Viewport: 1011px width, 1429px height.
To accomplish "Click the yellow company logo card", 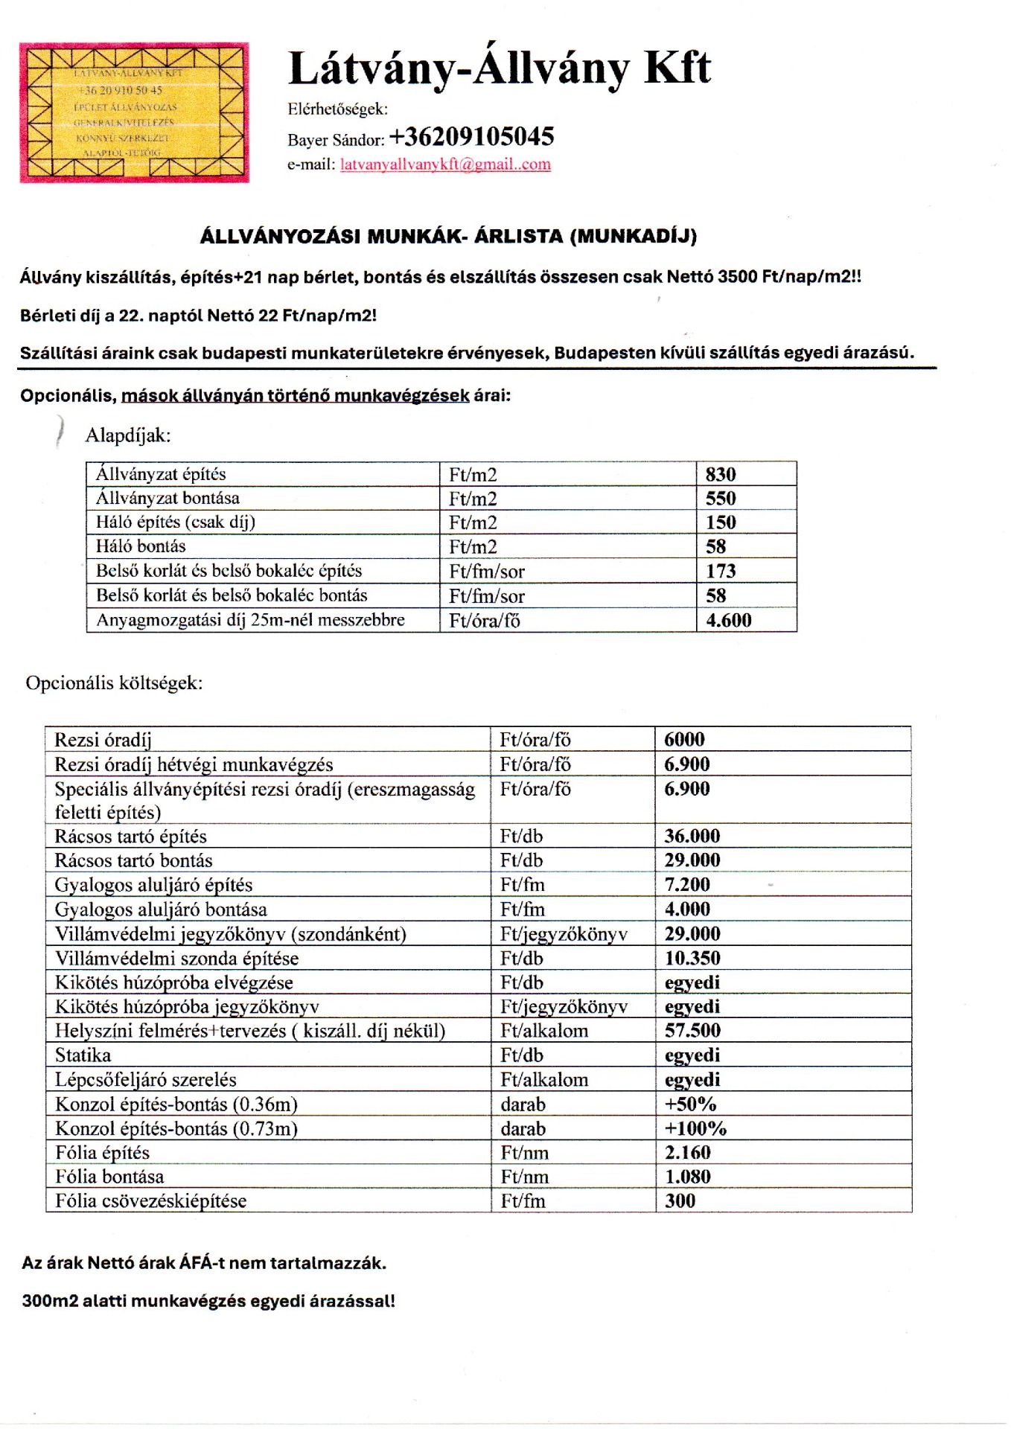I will tap(134, 112).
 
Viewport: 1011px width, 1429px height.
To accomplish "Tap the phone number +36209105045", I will tap(471, 137).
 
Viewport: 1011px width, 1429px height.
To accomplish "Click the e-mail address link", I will tap(445, 164).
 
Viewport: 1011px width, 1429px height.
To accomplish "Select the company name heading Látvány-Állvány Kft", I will tap(499, 68).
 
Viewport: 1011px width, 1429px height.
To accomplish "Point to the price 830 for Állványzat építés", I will tap(721, 475).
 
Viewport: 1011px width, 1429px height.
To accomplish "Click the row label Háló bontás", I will tap(141, 546).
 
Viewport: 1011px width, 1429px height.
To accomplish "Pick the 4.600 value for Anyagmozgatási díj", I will tap(729, 620).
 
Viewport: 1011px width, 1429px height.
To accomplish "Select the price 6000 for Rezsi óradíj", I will tap(684, 739).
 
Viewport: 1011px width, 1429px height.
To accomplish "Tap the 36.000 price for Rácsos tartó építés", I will tap(692, 836).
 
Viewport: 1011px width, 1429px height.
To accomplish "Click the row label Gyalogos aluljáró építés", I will tap(153, 885).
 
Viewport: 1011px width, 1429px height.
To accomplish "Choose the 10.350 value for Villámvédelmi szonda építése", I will tap(692, 958).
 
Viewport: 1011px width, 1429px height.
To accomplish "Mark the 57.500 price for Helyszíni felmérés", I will tap(692, 1031).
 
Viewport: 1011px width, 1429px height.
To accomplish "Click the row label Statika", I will tap(83, 1055).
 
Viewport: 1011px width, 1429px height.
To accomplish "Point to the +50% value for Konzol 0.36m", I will tap(690, 1104).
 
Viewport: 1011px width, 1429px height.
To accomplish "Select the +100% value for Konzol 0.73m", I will tap(695, 1128).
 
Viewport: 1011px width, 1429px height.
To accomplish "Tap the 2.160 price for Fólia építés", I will tap(687, 1152).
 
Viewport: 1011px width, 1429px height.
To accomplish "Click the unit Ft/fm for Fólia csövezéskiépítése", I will tap(523, 1201).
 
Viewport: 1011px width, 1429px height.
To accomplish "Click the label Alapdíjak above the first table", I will tap(128, 435).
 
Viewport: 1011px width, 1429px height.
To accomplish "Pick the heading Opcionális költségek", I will tap(114, 683).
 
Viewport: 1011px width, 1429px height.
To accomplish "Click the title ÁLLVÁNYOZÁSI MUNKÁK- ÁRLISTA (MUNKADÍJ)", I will tap(448, 237).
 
